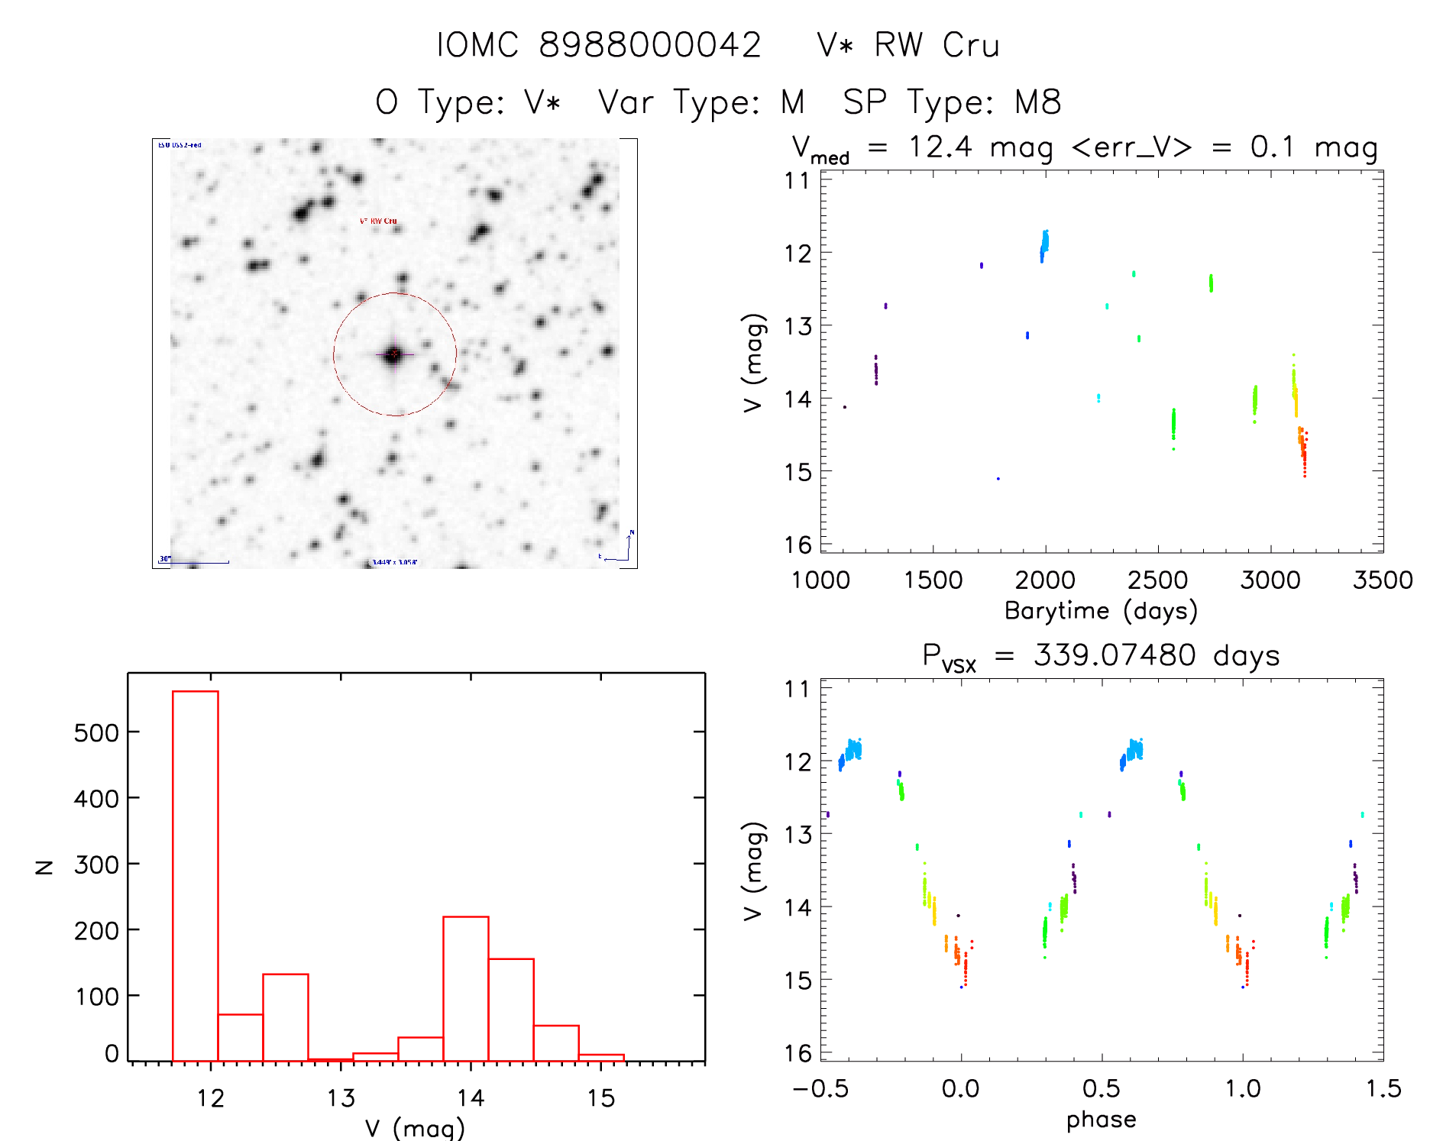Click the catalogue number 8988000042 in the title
pos(649,45)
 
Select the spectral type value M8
pos(1038,102)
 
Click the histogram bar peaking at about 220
pos(466,988)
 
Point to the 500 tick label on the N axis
pos(97,733)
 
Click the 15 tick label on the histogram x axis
pos(600,1098)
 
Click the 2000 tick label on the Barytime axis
pos(1045,580)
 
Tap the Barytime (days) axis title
pos(1101,611)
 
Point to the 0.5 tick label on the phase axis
pos(1102,1088)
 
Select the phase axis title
pos(1101,1120)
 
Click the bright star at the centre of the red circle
pos(393,354)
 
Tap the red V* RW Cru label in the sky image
pos(378,221)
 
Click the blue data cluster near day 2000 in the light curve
pos(1044,244)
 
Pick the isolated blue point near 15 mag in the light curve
pos(998,479)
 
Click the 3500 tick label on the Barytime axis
pos(1383,580)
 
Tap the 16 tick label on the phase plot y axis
pos(798,1053)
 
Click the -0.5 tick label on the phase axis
pos(820,1088)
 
